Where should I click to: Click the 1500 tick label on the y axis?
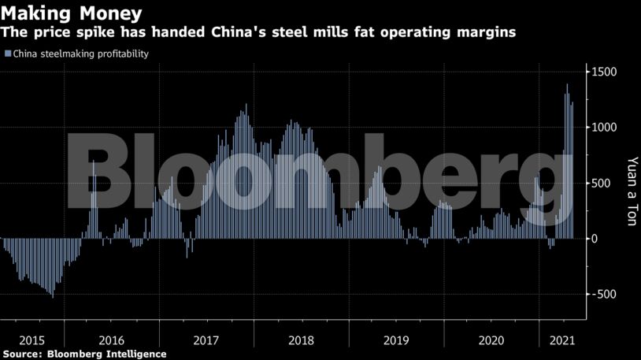pos(606,72)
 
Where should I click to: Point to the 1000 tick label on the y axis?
pos(606,128)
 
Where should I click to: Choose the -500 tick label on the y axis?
pos(604,295)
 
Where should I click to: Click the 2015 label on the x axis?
pos(31,340)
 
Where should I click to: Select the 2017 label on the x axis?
pos(206,340)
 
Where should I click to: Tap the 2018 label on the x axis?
pos(301,340)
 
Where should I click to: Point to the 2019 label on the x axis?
pos(396,340)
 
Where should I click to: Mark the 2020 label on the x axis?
pos(491,340)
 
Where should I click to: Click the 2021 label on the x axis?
pos(561,340)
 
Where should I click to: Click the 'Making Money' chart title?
pos(72,13)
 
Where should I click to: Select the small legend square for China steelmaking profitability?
pos(8,54)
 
